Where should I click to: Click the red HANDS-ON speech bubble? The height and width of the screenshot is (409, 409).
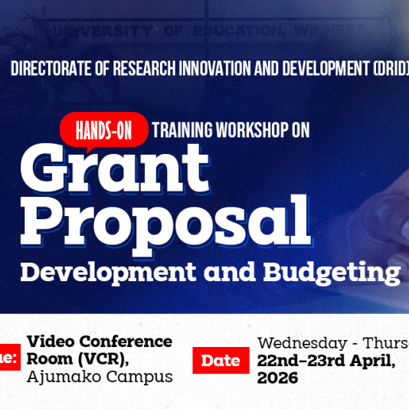pos(103,130)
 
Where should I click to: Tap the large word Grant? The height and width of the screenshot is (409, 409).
pos(114,170)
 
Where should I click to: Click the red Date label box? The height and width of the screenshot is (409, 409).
pos(221,361)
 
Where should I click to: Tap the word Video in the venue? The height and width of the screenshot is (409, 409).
pos(50,342)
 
